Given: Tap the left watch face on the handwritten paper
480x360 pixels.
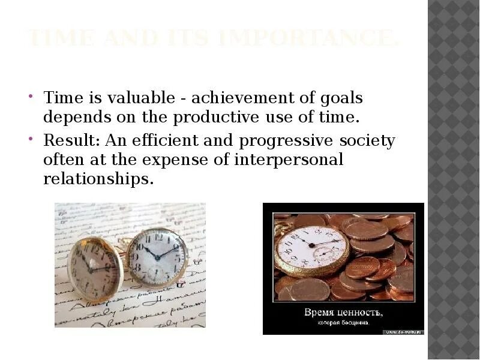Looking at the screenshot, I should [x=94, y=269].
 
